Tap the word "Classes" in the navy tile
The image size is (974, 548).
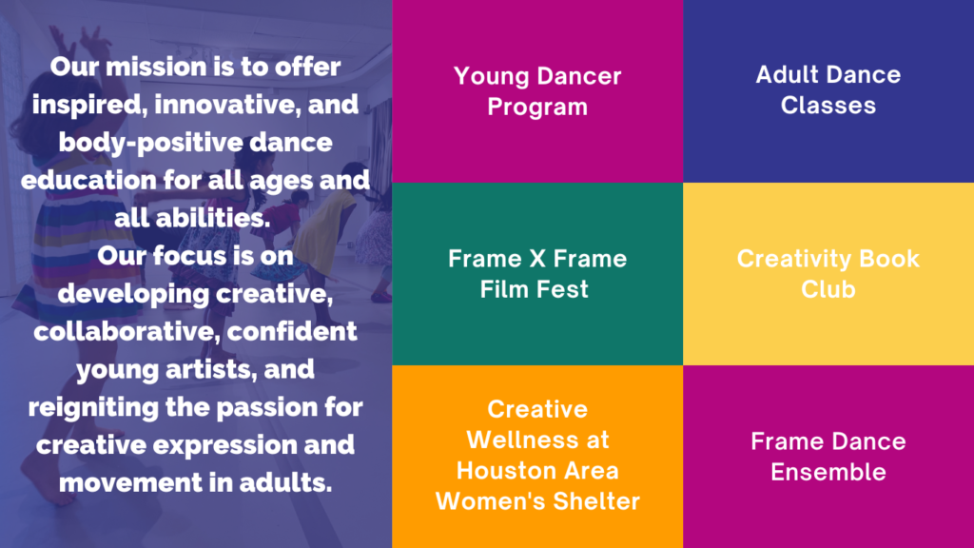pyautogui.click(x=828, y=106)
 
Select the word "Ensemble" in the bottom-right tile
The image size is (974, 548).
pyautogui.click(x=828, y=472)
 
